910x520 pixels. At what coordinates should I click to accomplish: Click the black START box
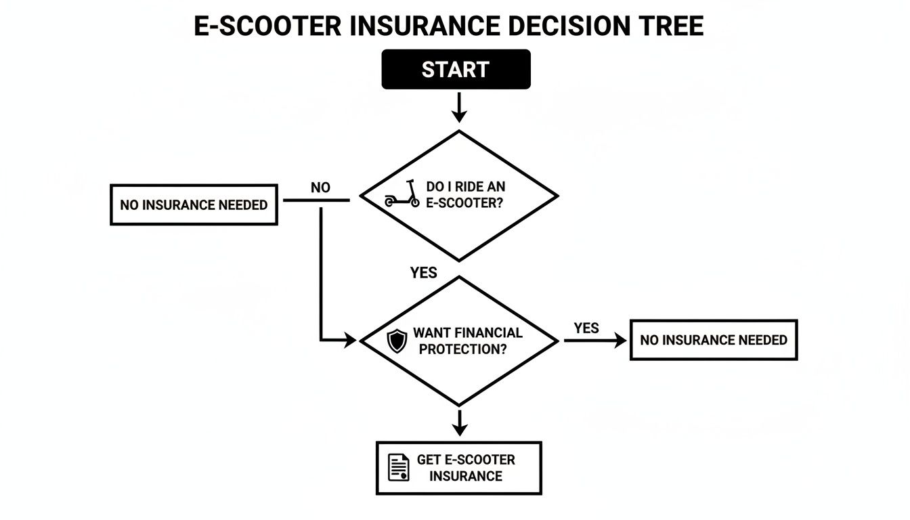(x=456, y=69)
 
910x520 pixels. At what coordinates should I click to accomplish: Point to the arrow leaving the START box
(x=459, y=107)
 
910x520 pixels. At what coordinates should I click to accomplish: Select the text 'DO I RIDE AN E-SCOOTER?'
(x=465, y=195)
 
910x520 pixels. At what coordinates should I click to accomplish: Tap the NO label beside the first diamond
(x=320, y=188)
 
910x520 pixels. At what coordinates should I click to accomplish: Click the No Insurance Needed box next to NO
(x=194, y=204)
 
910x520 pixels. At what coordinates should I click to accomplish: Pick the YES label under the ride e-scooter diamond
(x=424, y=273)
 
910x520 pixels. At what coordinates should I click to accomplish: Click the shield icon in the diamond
(x=396, y=340)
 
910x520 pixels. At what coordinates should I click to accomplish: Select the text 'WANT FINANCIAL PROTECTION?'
(x=467, y=341)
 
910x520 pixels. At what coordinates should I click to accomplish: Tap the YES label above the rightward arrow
(x=586, y=328)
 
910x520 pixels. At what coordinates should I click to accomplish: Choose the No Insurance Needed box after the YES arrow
(x=714, y=340)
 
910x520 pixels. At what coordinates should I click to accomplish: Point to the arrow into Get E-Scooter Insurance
(x=460, y=422)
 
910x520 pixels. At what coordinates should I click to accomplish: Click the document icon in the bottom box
(x=399, y=467)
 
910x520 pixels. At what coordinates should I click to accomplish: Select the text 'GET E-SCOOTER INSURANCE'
(x=466, y=468)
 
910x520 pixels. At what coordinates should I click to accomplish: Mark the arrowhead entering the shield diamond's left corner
(x=350, y=340)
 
